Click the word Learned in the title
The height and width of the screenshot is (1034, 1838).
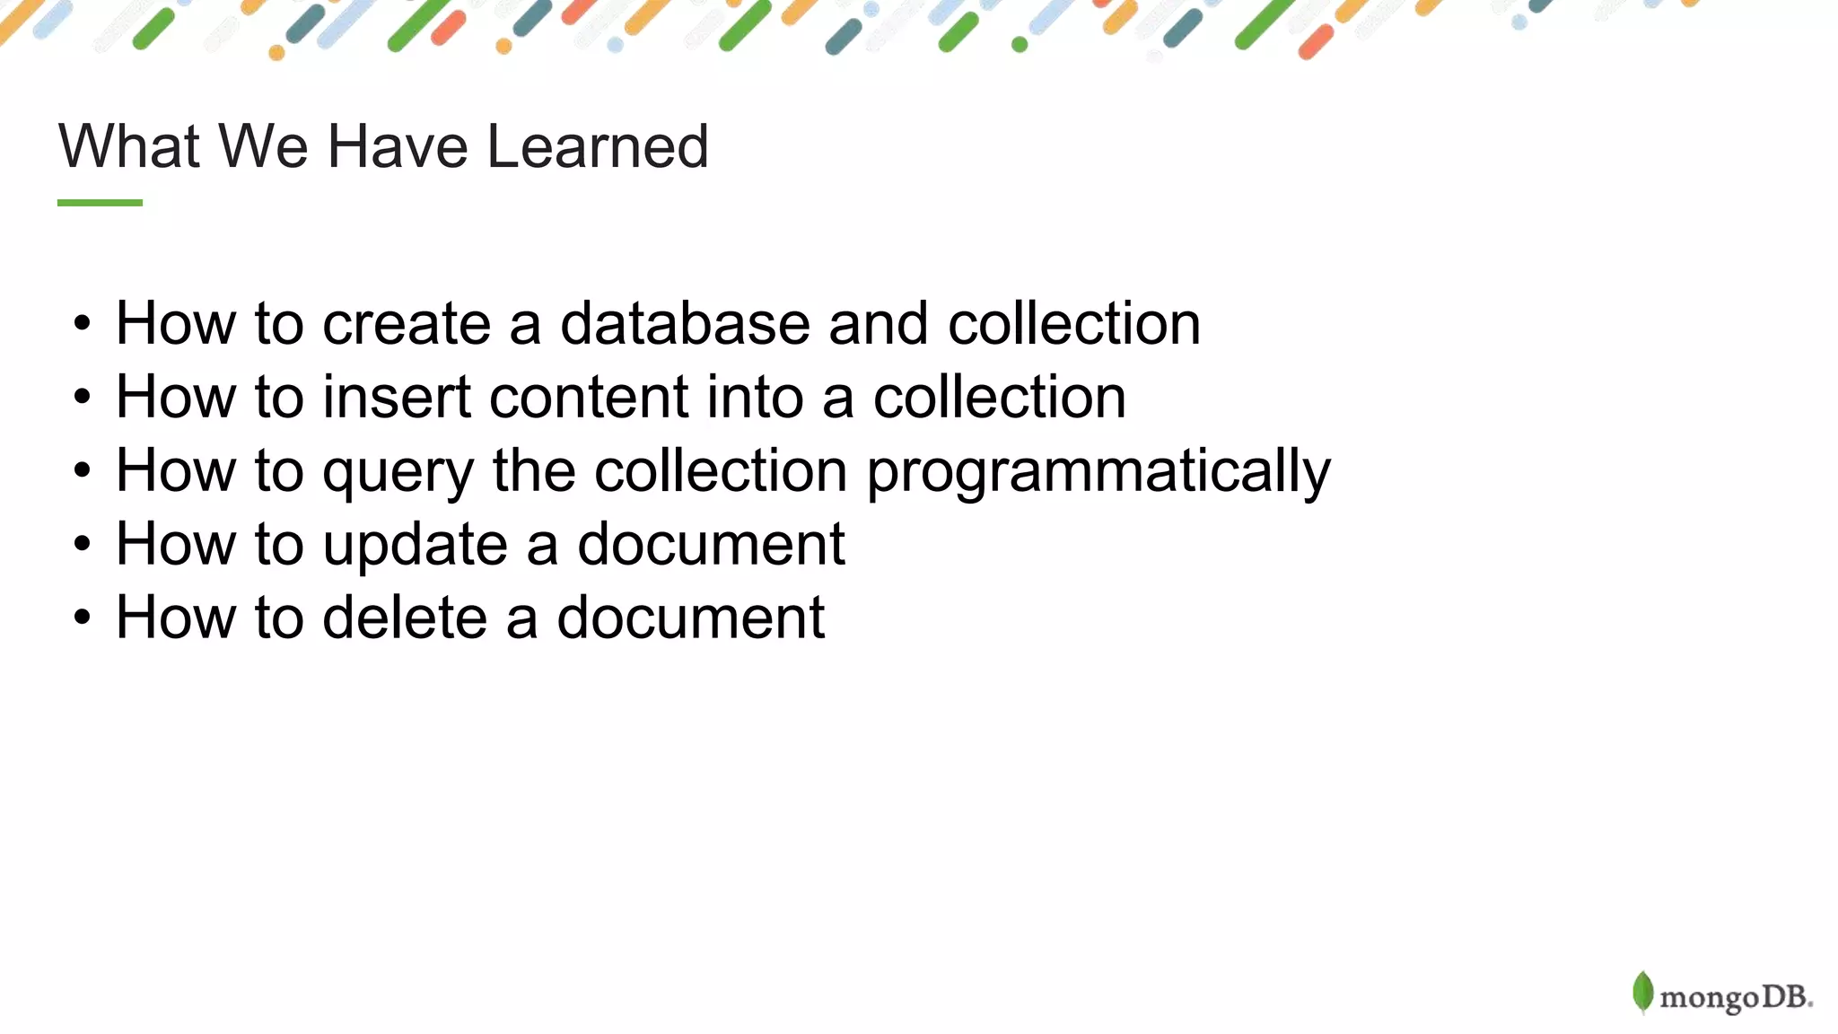[598, 145]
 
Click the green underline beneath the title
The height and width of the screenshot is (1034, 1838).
[100, 203]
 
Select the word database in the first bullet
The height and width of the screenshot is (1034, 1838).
[685, 323]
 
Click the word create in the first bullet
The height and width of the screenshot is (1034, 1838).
[406, 323]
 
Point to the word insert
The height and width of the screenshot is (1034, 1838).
[396, 397]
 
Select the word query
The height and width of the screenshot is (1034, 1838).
[398, 472]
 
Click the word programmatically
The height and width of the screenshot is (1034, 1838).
[1098, 472]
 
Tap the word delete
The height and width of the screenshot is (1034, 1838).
[404, 618]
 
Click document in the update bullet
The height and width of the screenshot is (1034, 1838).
[710, 544]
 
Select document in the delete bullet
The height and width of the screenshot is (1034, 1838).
[690, 618]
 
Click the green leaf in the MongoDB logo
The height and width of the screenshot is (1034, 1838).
[1642, 992]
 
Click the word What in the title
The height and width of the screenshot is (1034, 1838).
[129, 145]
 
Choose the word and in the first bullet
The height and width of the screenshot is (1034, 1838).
[878, 323]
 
